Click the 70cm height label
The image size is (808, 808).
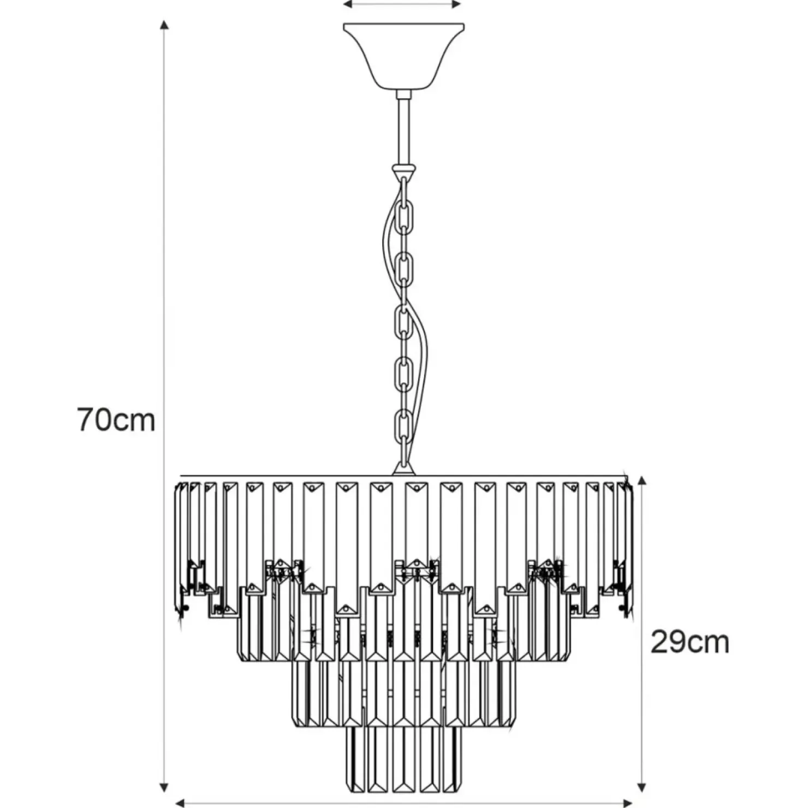click(x=116, y=420)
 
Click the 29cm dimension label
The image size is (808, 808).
click(x=690, y=642)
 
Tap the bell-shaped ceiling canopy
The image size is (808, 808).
click(x=403, y=57)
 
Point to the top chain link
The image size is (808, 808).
click(x=404, y=192)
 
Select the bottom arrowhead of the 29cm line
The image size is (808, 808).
click(x=643, y=787)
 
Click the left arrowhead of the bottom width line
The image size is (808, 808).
click(x=180, y=803)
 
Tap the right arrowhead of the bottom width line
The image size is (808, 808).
click(x=628, y=803)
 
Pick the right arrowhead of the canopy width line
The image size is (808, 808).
click(x=457, y=4)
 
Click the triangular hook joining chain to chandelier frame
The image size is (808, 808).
click(x=404, y=467)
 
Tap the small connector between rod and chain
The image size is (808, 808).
click(x=403, y=170)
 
